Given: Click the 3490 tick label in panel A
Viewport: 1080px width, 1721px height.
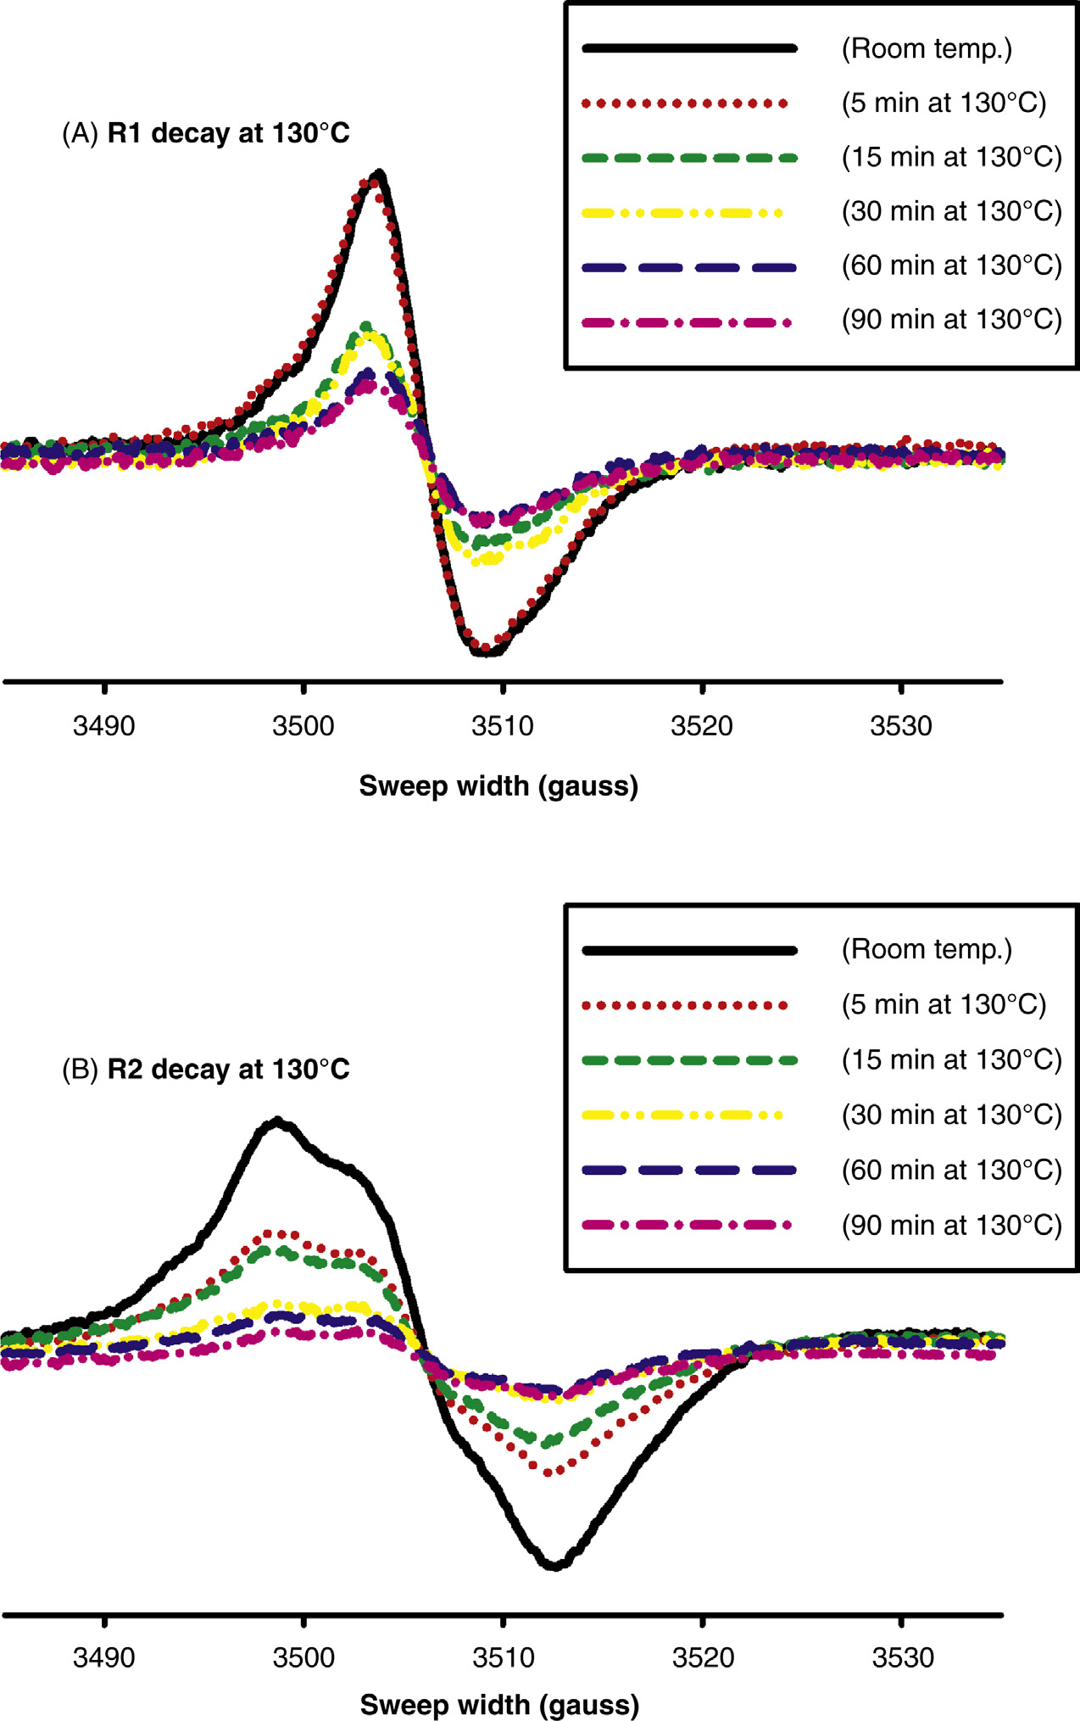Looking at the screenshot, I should [x=103, y=726].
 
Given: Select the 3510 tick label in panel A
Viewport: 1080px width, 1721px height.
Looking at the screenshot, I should [x=503, y=726].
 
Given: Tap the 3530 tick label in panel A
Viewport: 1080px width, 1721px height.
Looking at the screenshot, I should [x=901, y=726].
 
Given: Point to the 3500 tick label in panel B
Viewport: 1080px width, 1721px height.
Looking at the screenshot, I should [x=303, y=1657].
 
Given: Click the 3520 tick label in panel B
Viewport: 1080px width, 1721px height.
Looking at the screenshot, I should [x=703, y=1657].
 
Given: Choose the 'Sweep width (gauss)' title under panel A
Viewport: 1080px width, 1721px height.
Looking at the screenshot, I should [x=498, y=785].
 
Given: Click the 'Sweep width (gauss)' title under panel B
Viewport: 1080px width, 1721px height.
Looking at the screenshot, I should [x=499, y=1704].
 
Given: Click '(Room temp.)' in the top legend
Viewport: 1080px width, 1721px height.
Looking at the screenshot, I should [x=927, y=48].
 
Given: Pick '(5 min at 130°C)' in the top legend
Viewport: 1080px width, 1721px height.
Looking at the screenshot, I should [x=944, y=103].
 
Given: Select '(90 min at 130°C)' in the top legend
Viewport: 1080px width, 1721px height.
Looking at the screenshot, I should [x=951, y=320].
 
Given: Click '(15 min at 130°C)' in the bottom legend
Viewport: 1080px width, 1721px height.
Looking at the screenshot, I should [x=951, y=1059].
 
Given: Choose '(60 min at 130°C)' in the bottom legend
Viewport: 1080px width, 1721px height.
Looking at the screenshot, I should [x=951, y=1170].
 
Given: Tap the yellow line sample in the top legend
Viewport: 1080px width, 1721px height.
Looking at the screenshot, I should [x=683, y=213].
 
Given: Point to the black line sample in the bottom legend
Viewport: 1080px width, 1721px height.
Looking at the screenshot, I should [x=690, y=951].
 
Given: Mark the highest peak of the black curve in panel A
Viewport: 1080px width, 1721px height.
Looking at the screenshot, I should [x=380, y=174].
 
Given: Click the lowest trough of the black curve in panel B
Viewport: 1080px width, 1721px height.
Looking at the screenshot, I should [x=554, y=1566].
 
